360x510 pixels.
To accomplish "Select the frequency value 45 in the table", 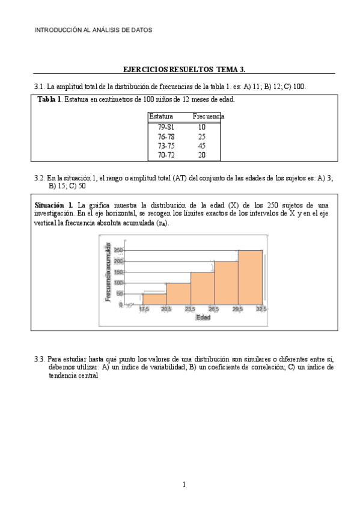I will pos(202,146).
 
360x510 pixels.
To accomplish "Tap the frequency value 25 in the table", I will pos(202,137).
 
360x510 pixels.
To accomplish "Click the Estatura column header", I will pos(161,116).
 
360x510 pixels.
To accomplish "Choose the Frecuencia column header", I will pos(208,116).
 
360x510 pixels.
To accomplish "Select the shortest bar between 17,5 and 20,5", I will pos(154,299).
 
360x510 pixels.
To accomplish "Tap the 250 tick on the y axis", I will pos(118,250).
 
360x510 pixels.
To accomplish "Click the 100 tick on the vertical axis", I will pos(118,283).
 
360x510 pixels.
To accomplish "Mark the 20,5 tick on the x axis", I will pos(166,309).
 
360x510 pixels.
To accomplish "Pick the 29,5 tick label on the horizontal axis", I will pos(239,309).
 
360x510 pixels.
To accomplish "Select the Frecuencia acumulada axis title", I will pos(108,272).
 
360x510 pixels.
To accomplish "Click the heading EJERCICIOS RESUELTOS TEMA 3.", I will pos(180,70).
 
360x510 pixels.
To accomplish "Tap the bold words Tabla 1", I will pos(49,99).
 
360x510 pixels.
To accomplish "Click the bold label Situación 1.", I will pos(54,205).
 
